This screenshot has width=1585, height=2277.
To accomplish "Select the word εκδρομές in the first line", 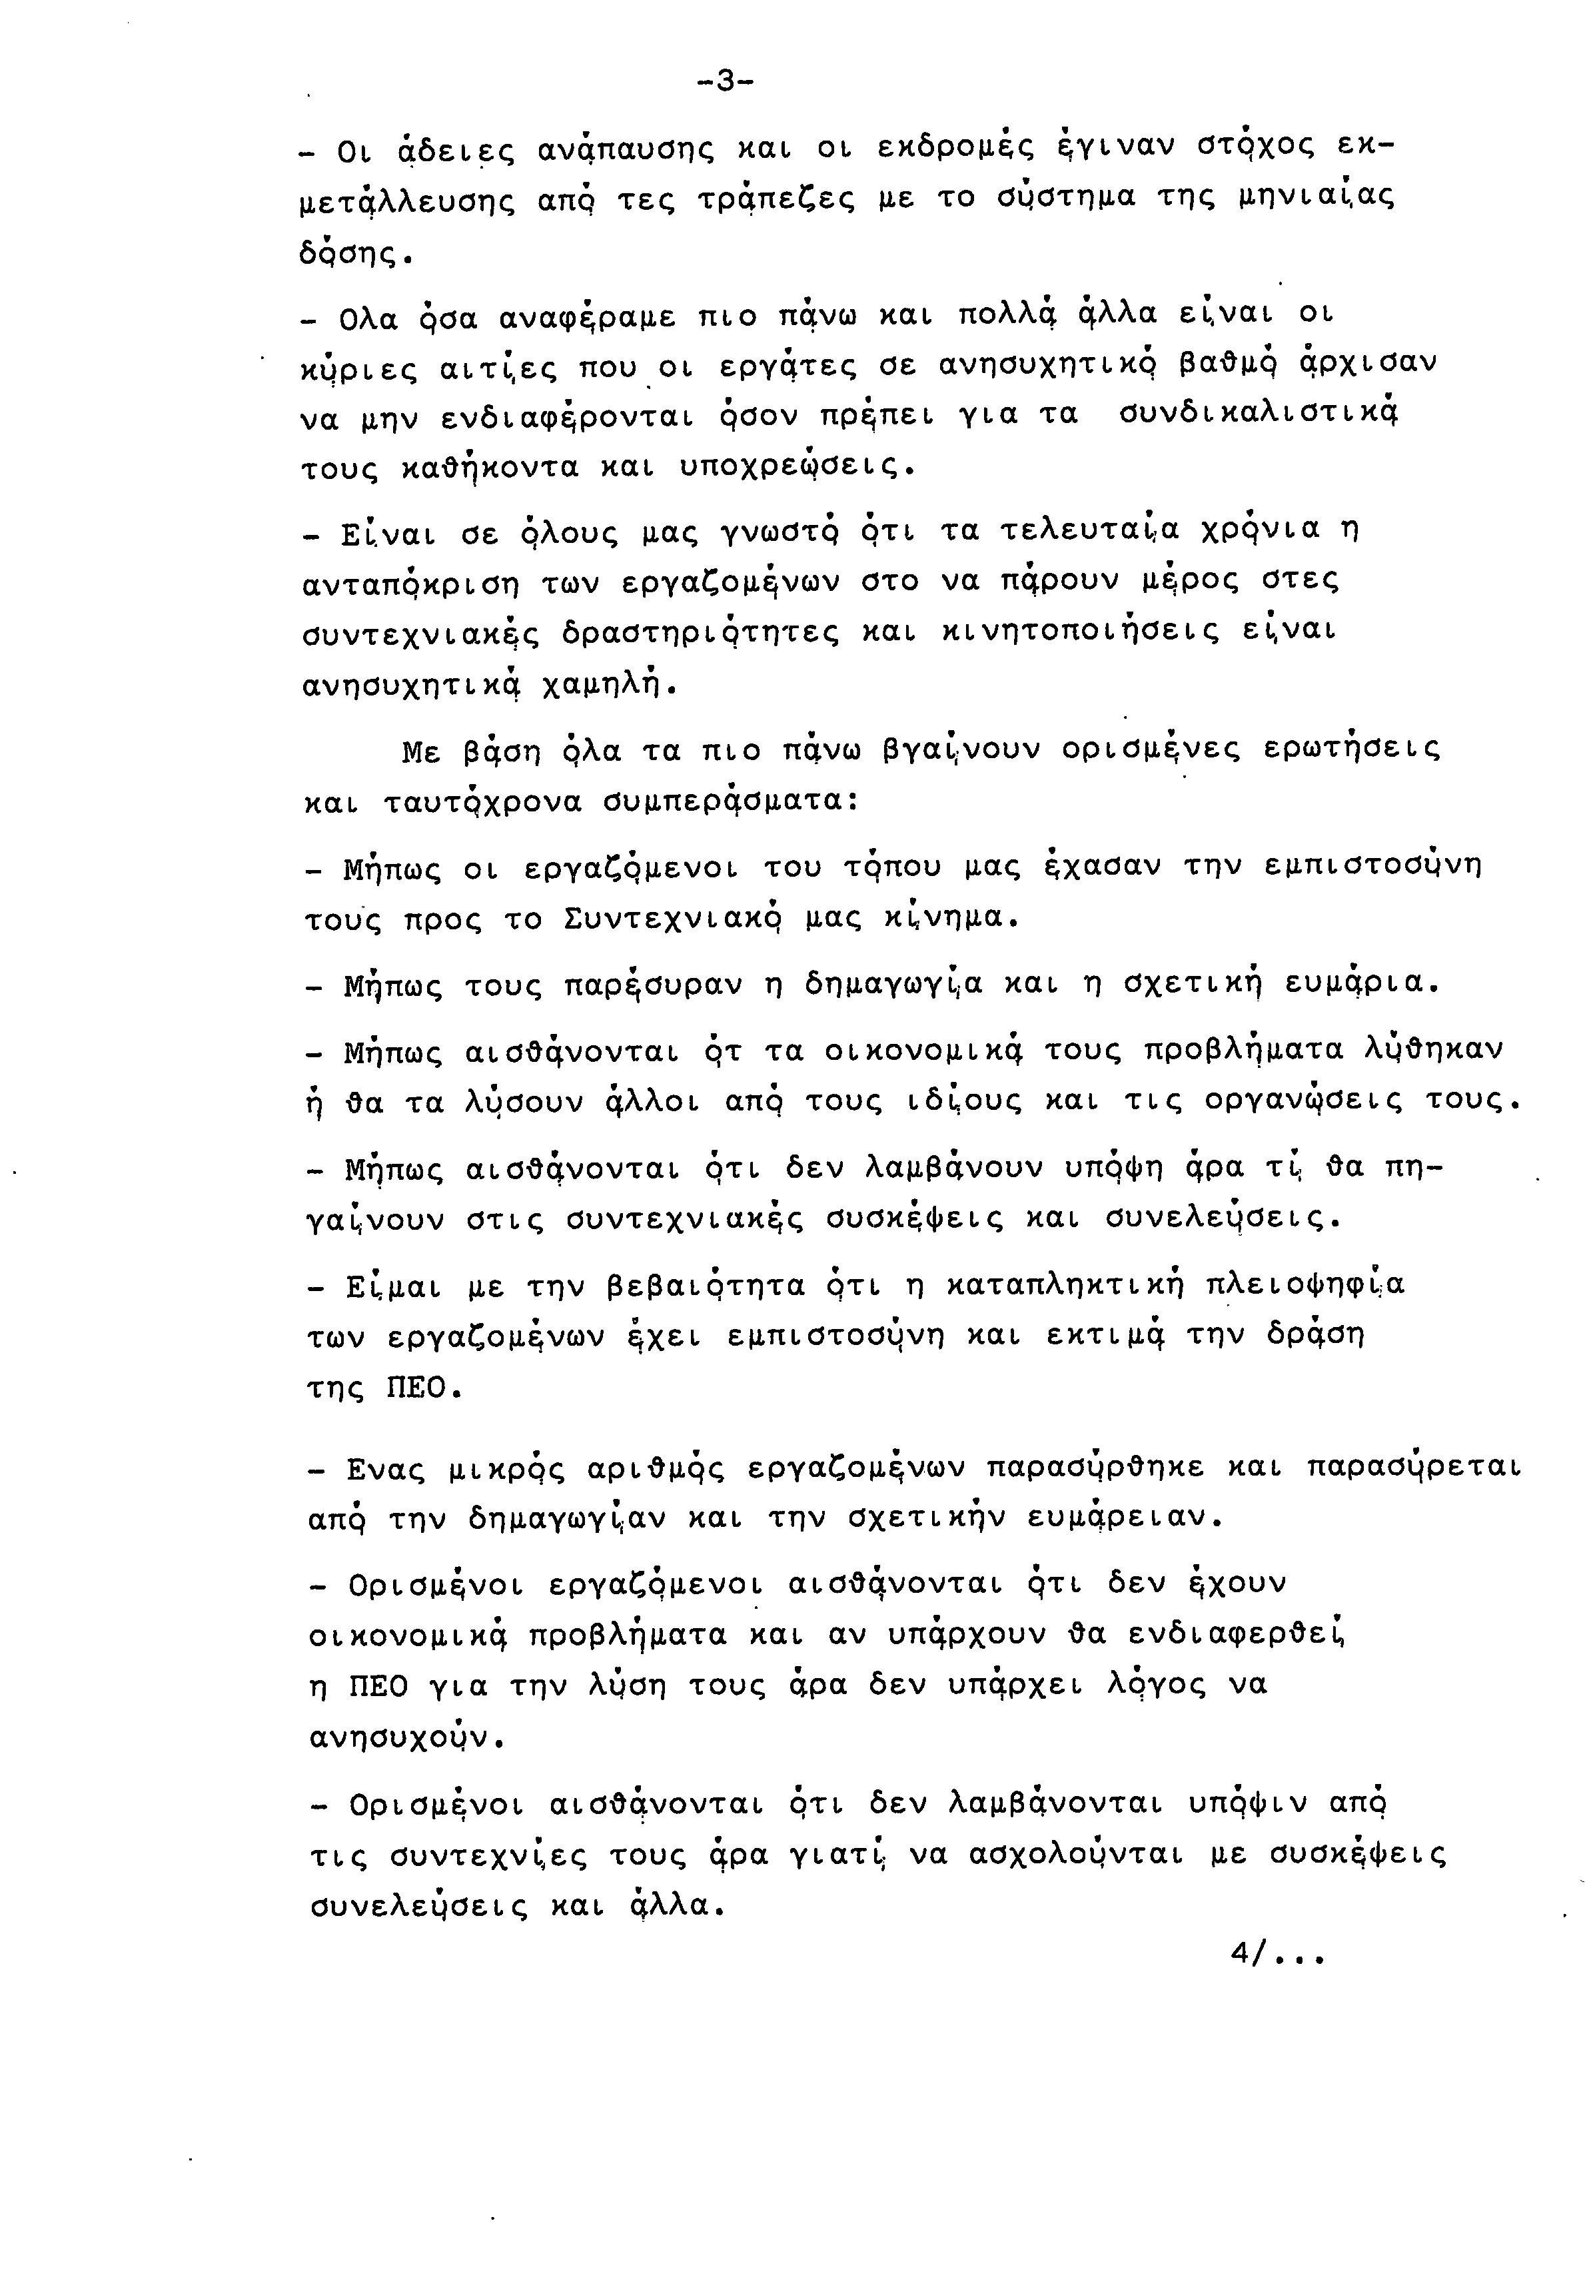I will click(955, 148).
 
